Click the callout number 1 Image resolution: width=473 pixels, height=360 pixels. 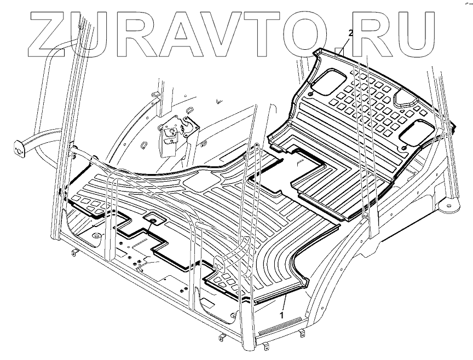coord(281,316)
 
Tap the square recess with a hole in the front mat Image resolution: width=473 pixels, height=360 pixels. coord(153,220)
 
